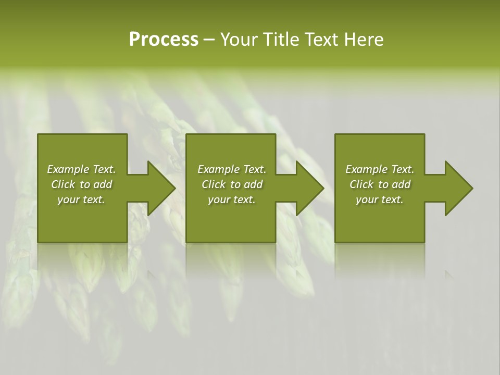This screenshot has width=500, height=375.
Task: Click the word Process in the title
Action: coord(164,40)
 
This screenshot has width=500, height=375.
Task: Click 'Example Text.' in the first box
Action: coord(81,169)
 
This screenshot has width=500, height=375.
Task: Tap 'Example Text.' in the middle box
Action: coord(232,169)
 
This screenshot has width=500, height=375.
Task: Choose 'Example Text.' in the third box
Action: coord(380,169)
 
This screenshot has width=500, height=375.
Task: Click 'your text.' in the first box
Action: coord(81,199)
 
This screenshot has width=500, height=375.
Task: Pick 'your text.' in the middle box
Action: coord(232,199)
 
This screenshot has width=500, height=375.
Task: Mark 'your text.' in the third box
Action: coord(380,199)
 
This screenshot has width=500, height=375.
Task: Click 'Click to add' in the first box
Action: coord(81,184)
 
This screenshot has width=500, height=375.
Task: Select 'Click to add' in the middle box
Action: coord(232,184)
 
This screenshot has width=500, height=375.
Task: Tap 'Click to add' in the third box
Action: coord(380,184)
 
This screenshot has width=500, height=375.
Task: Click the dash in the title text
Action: coord(209,40)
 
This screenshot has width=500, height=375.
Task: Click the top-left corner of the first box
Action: coord(38,134)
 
